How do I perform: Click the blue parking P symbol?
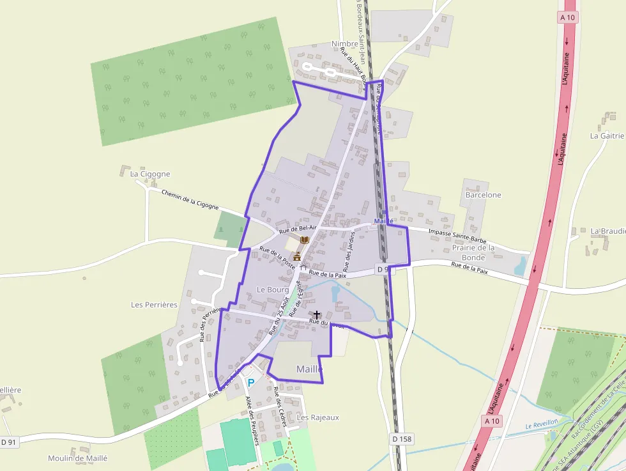251,382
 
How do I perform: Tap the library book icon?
305,239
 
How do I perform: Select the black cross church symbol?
317,315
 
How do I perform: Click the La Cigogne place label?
150,174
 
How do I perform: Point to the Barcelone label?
484,195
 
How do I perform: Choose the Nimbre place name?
345,44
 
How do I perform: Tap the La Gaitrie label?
607,135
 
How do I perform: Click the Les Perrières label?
154,305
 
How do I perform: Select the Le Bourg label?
273,290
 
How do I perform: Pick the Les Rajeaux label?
318,417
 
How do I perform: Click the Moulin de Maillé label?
78,458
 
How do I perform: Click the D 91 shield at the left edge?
8,442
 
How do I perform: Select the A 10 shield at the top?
567,18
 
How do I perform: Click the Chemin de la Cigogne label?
190,200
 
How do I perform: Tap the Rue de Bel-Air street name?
298,229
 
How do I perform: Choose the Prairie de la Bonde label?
473,252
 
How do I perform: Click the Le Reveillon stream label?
542,425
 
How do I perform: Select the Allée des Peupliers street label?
252,420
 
